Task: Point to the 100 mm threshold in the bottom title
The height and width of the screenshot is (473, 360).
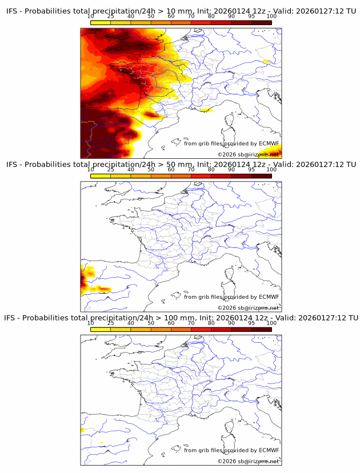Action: coord(174,318)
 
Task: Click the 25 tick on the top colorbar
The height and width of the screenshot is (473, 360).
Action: coord(111,16)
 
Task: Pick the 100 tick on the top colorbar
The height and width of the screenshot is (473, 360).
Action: coord(271,16)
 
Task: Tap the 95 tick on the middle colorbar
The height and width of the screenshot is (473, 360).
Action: coord(251,169)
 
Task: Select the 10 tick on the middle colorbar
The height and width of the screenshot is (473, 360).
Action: coord(91,169)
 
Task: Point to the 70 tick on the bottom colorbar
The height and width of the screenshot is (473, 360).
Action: coord(191,323)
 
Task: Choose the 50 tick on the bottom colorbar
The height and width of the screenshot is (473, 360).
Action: coord(151,323)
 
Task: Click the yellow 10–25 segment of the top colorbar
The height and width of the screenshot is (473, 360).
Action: coord(101,23)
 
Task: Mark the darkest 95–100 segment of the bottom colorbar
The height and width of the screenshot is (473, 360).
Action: coord(261,330)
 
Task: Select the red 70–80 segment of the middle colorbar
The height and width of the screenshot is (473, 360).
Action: coord(201,176)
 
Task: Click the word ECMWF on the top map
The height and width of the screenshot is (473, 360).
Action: coord(269,143)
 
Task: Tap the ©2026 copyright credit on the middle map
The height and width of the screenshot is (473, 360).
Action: coord(226,308)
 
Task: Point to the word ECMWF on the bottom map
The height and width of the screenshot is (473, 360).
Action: coord(269,450)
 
